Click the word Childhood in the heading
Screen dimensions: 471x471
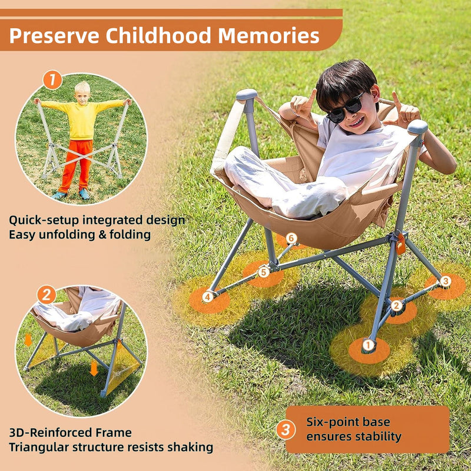tap(157, 36)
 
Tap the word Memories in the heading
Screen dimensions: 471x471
tap(268, 36)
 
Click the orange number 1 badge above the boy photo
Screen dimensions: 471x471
tap(52, 79)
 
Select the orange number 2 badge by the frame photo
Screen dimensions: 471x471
tap(47, 294)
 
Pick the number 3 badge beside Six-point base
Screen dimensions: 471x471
tap(286, 430)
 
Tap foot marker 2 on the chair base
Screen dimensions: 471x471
tap(397, 305)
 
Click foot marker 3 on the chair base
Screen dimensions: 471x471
tap(445, 281)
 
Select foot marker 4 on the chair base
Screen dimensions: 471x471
tap(207, 297)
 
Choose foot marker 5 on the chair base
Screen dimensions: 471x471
tap(263, 272)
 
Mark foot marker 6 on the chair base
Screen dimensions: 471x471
tap(291, 238)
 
